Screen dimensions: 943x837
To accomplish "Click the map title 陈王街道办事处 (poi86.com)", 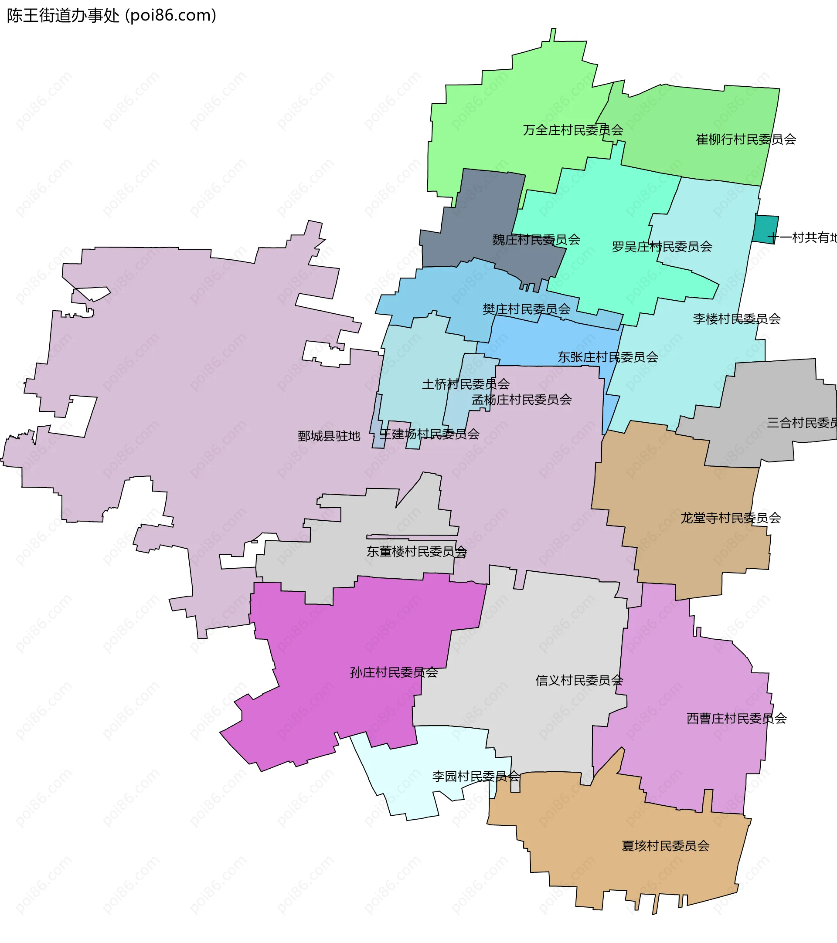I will click(x=111, y=16).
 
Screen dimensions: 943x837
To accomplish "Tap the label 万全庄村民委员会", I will click(x=573, y=130).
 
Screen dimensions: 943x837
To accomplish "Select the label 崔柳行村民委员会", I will click(x=745, y=139).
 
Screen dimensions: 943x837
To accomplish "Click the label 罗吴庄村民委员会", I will click(x=662, y=247).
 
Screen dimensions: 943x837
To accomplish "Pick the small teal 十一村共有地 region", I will click(x=766, y=229).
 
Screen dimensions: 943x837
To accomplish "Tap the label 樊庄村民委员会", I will click(x=526, y=309).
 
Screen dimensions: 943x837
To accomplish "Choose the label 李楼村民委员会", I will click(x=736, y=319).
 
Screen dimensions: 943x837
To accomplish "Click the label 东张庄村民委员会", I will click(x=608, y=357).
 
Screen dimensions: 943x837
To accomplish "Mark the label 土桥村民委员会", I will click(x=466, y=384).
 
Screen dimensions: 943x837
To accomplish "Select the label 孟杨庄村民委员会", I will click(x=521, y=400).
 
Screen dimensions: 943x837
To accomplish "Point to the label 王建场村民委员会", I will click(x=429, y=434).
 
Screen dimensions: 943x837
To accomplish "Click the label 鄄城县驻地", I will click(x=329, y=436).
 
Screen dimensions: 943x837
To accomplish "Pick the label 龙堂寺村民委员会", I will click(x=731, y=518).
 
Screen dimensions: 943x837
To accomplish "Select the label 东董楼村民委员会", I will click(x=417, y=551).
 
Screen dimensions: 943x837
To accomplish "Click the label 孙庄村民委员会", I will click(x=394, y=672).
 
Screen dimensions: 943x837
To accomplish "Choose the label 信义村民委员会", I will click(x=579, y=680).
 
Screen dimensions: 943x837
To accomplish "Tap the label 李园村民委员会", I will click(x=476, y=776).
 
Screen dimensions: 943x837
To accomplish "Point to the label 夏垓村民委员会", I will click(x=665, y=846).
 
